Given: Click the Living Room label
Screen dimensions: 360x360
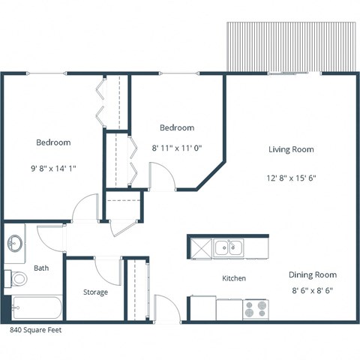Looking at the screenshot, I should (x=291, y=149).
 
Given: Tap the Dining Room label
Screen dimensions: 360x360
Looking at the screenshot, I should (x=314, y=274).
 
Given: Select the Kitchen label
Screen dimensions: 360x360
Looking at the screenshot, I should (x=234, y=278).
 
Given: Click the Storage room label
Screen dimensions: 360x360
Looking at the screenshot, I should (x=95, y=292).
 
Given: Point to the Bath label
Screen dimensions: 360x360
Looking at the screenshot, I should (x=41, y=268).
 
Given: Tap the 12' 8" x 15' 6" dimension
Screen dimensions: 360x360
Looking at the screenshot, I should (x=290, y=178).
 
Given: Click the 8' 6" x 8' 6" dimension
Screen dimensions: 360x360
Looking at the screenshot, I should (x=313, y=289).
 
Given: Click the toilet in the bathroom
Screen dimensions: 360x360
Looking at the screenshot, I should (x=19, y=279).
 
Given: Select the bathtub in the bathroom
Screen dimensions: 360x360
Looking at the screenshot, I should (x=36, y=307).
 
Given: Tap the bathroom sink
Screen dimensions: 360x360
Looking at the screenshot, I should (x=15, y=244).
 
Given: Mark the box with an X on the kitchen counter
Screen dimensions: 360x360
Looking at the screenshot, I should (x=199, y=246).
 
